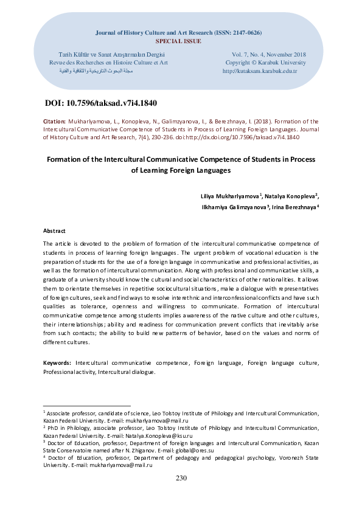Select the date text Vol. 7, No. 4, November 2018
(265, 54)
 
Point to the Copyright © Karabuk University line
(265, 62)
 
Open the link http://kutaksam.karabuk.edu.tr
(260, 71)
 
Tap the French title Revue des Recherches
(108, 62)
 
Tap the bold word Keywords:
(58, 362)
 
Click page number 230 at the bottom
(181, 478)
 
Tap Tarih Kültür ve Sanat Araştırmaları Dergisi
(108, 54)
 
